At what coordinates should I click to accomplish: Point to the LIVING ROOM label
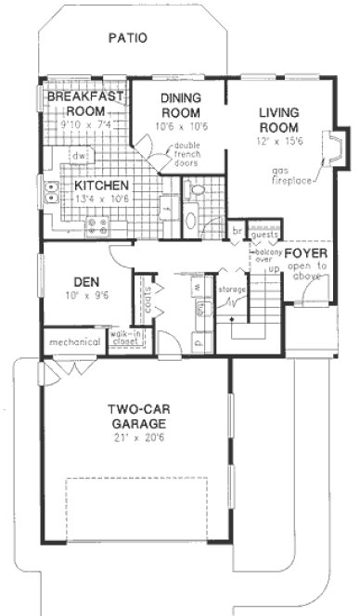(x=278, y=121)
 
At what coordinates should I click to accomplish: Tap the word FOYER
(x=305, y=253)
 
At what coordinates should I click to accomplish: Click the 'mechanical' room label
(x=74, y=342)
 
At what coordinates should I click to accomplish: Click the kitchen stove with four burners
(x=96, y=224)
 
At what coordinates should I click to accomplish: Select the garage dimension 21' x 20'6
(x=135, y=437)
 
